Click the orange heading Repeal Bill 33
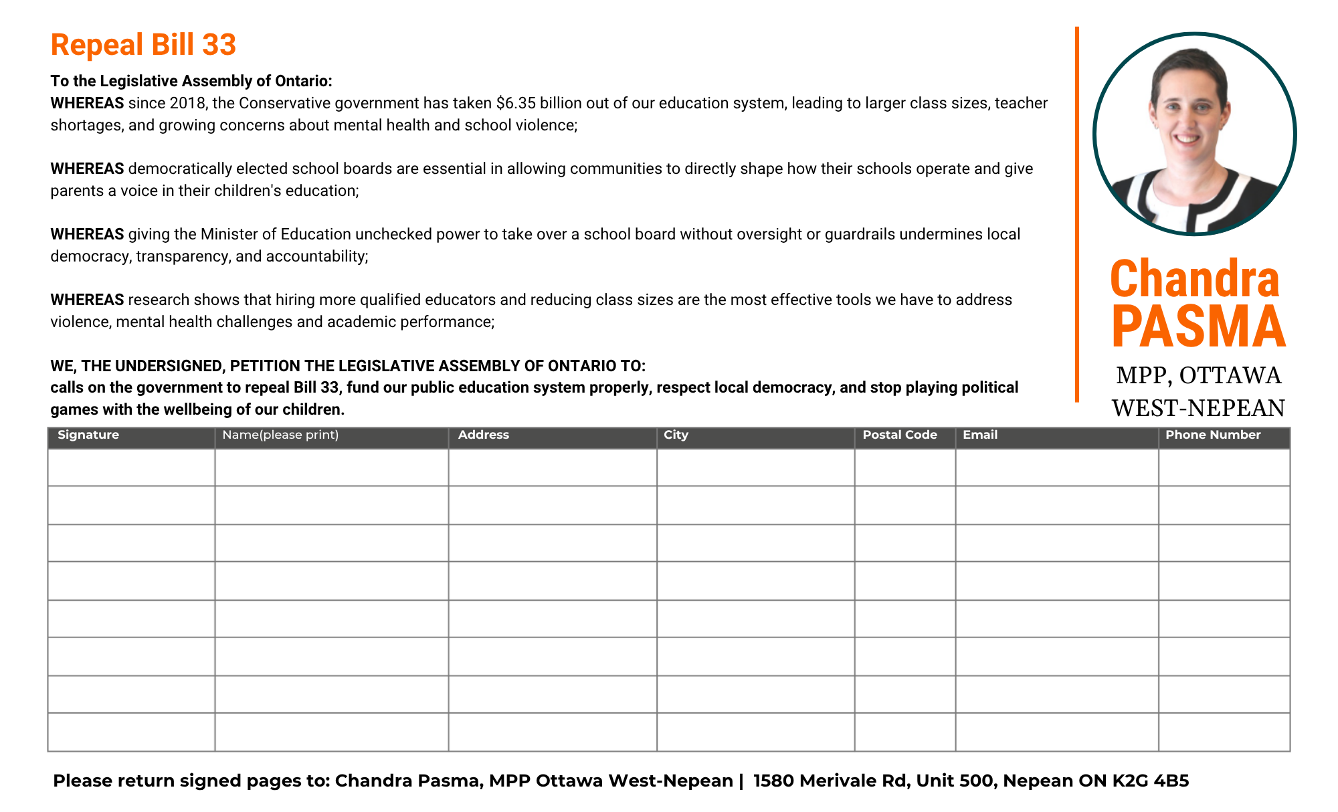click(143, 45)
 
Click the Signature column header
click(88, 435)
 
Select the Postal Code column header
click(899, 435)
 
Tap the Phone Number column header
click(1212, 435)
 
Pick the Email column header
click(979, 435)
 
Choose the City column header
click(676, 435)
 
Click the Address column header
click(483, 435)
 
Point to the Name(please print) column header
click(280, 435)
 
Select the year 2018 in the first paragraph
click(187, 103)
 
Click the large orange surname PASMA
click(1198, 327)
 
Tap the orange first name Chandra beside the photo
click(1194, 278)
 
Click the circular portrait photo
click(1194, 134)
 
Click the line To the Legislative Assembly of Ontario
click(191, 81)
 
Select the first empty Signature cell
click(131, 467)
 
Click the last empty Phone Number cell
click(1224, 732)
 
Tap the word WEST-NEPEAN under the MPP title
click(1198, 408)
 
